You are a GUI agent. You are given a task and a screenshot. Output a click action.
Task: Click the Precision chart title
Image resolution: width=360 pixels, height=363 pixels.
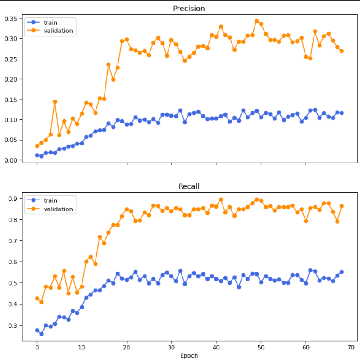coord(189,9)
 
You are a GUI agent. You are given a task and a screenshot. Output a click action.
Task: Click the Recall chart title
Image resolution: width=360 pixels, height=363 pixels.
coord(189,186)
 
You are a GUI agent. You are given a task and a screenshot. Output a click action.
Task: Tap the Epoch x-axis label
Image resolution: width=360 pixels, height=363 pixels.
coord(189,355)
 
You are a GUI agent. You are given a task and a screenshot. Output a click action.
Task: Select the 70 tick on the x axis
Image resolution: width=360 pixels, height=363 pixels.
coord(351,348)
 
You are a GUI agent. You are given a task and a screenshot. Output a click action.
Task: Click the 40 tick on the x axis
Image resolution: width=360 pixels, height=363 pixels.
coord(216,348)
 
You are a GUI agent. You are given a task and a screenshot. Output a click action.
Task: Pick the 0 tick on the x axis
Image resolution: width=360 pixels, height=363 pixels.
coord(37,348)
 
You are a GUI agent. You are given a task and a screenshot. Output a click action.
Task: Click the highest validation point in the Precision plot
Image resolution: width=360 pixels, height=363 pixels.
coord(256,21)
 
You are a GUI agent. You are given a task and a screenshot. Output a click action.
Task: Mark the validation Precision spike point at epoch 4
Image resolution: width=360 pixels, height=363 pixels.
coord(55,102)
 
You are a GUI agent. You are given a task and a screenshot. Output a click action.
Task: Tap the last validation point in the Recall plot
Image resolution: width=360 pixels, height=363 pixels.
coord(342,206)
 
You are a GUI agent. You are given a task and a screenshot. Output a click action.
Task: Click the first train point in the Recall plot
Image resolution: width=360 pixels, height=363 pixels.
coord(37,330)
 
